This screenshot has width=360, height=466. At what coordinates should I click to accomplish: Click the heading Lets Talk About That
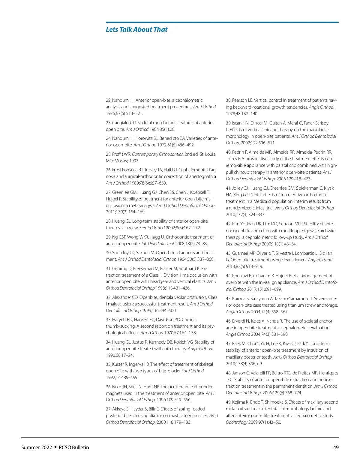(136, 29)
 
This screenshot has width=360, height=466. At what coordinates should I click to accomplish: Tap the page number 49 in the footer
(336, 447)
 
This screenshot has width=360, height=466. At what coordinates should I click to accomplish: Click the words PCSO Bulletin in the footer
(74, 447)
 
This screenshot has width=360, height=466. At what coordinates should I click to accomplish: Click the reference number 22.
(108, 100)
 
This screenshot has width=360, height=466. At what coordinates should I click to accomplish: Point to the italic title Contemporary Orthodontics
(157, 154)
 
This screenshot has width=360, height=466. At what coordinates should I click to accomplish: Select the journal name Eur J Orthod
(193, 371)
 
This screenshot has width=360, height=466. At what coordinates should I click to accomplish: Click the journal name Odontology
(236, 422)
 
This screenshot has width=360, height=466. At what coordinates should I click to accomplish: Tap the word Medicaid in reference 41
(263, 201)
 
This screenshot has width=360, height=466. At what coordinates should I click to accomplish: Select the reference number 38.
(228, 100)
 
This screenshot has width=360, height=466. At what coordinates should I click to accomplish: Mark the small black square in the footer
(55, 447)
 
